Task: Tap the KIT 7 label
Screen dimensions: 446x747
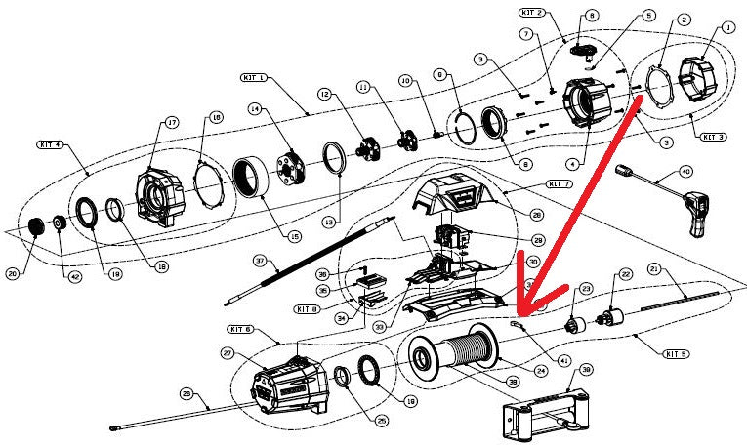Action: (x=559, y=183)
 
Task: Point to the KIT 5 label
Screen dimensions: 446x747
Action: (x=673, y=352)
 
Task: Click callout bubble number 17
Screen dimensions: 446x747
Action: (x=172, y=123)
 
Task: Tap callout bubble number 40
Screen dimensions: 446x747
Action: (x=685, y=172)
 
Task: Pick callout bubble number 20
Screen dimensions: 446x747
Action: (x=13, y=274)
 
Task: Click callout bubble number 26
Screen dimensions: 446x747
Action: (x=186, y=394)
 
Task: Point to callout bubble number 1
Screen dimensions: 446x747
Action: (x=728, y=28)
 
